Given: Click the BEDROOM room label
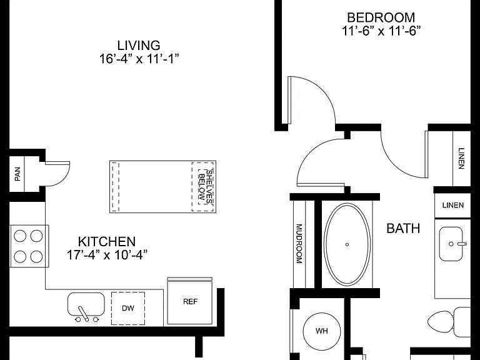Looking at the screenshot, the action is [381, 17].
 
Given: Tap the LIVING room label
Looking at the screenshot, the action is [139, 45].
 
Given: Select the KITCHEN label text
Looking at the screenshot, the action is [107, 241].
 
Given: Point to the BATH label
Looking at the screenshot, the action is [403, 228].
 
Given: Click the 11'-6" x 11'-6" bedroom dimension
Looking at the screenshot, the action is [381, 31].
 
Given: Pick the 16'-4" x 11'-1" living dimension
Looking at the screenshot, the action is [139, 59].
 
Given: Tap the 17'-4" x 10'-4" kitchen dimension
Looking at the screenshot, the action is [107, 255].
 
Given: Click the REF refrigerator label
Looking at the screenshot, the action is [190, 301].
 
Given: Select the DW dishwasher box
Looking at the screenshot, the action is [128, 308].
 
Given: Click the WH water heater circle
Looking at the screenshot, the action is [322, 331].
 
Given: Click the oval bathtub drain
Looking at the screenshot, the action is [347, 244].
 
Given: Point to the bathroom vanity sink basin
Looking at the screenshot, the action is [451, 244].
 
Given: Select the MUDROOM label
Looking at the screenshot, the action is [299, 244].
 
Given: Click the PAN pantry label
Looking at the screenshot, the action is [17, 174].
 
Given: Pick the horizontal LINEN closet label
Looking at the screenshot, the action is [452, 205].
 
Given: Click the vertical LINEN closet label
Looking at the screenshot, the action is [461, 158].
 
